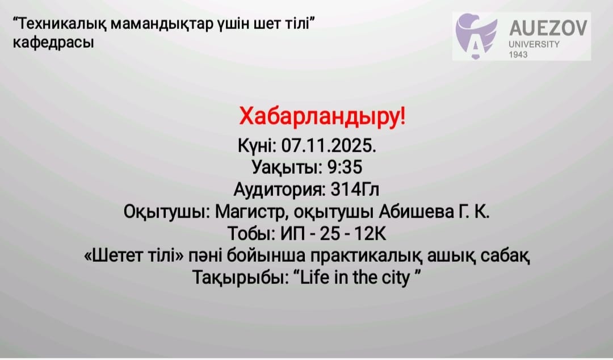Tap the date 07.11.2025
click(329, 146)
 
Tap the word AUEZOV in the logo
click(548, 28)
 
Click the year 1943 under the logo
click(518, 55)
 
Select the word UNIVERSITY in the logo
click(534, 44)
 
